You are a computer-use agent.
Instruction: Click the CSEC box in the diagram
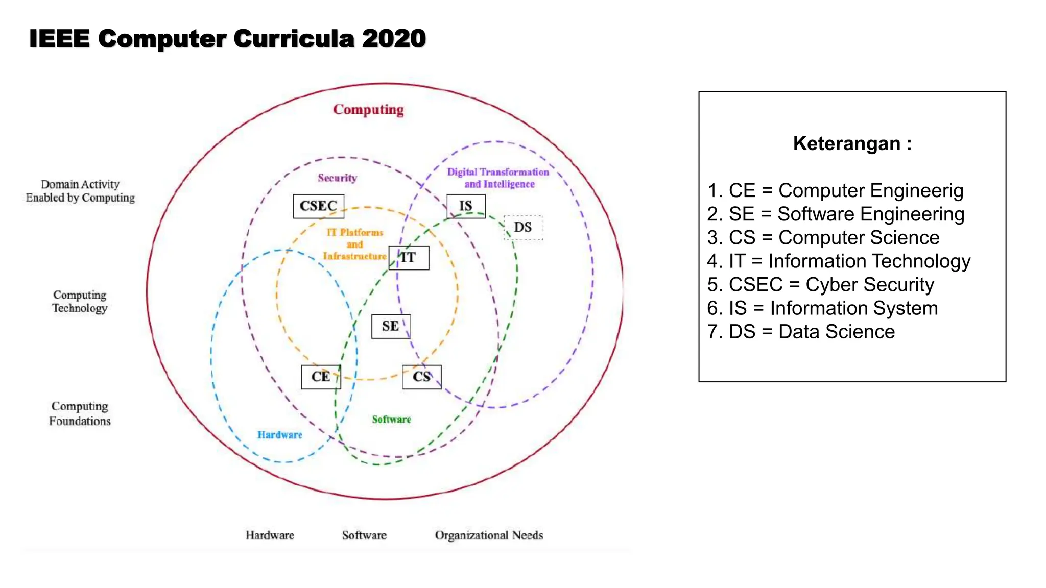pos(318,206)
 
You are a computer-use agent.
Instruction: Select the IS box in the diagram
pos(466,206)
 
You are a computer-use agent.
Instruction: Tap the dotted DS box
pos(523,227)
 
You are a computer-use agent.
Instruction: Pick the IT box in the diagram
pos(409,257)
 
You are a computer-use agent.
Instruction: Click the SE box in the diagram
pos(391,326)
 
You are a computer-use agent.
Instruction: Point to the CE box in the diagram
pos(321,377)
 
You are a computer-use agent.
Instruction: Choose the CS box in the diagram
pos(422,377)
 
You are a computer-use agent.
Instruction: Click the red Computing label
pos(368,110)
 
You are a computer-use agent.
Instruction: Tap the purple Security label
pos(338,178)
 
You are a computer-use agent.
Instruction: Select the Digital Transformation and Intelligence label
pos(498,178)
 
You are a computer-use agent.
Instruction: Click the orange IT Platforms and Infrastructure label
pos(354,244)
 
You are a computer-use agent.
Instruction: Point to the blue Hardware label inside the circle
pos(280,435)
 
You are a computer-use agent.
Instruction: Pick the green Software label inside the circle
pos(391,420)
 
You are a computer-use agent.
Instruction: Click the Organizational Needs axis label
pos(489,535)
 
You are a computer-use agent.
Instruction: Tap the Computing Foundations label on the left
pos(80,413)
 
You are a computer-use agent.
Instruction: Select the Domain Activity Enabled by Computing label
pos(80,191)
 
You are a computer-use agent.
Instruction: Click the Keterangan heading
pos(852,143)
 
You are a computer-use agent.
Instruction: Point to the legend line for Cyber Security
pos(821,285)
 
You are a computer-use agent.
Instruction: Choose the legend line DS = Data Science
pos(801,332)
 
